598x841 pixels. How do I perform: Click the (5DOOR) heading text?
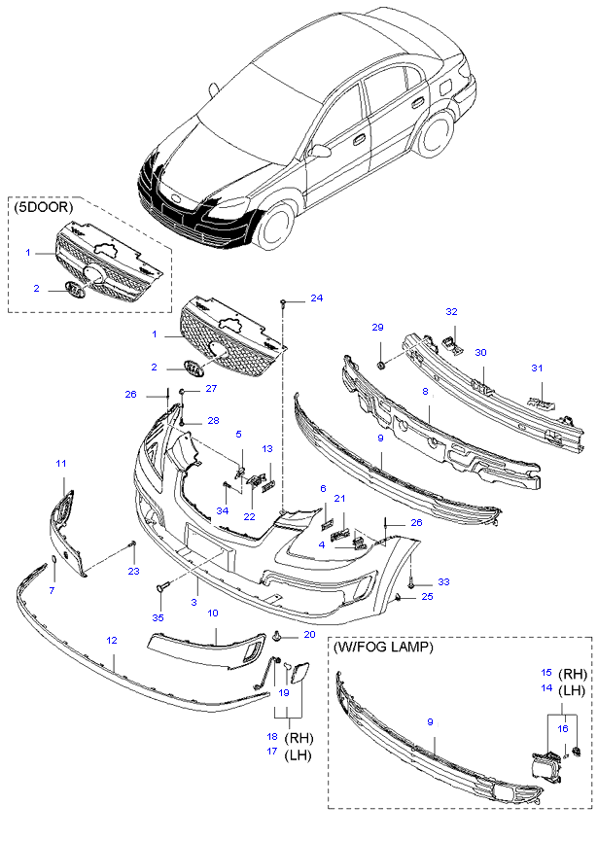coord(45,207)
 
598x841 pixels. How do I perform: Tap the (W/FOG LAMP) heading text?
coord(383,646)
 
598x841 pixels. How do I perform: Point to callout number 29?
coord(379,327)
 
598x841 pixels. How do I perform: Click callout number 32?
coord(451,312)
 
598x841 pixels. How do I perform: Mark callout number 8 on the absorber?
coord(425,391)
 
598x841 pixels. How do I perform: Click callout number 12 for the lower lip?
coord(112,640)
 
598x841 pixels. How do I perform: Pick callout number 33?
coord(443,581)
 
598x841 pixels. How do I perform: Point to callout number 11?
coord(60,463)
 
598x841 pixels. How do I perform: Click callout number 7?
coord(53,590)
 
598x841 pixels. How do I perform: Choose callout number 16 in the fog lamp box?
coord(562,727)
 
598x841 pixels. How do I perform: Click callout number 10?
coord(213,613)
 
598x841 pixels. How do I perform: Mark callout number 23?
coord(134,572)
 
